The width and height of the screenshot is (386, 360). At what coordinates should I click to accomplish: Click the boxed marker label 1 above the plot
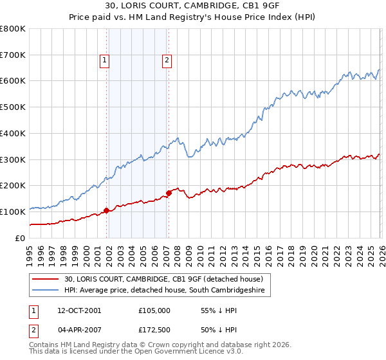[104, 61]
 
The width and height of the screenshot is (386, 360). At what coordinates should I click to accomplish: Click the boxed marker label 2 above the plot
[167, 61]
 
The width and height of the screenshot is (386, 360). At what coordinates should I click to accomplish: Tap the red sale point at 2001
[107, 210]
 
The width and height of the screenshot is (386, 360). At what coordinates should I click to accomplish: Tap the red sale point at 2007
[169, 192]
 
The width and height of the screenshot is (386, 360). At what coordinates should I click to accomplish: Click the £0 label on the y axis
[19, 238]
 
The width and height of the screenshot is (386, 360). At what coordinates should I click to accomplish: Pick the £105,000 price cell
[154, 310]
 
